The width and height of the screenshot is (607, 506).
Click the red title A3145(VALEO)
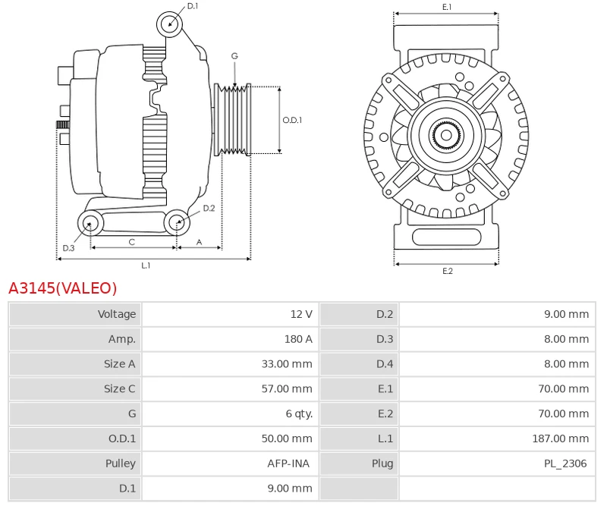pos(63,288)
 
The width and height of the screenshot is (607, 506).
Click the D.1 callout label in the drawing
pos(192,6)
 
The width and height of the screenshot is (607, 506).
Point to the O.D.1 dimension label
pos(292,120)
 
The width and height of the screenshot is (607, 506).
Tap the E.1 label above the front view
pos(447,7)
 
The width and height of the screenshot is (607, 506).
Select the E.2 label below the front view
pos(447,271)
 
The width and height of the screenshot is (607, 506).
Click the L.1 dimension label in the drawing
pos(146,266)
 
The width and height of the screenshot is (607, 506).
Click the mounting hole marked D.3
pos(91,223)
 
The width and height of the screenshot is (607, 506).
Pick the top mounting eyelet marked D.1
pos(170,24)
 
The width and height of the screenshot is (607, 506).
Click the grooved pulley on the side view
pos(234,120)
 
